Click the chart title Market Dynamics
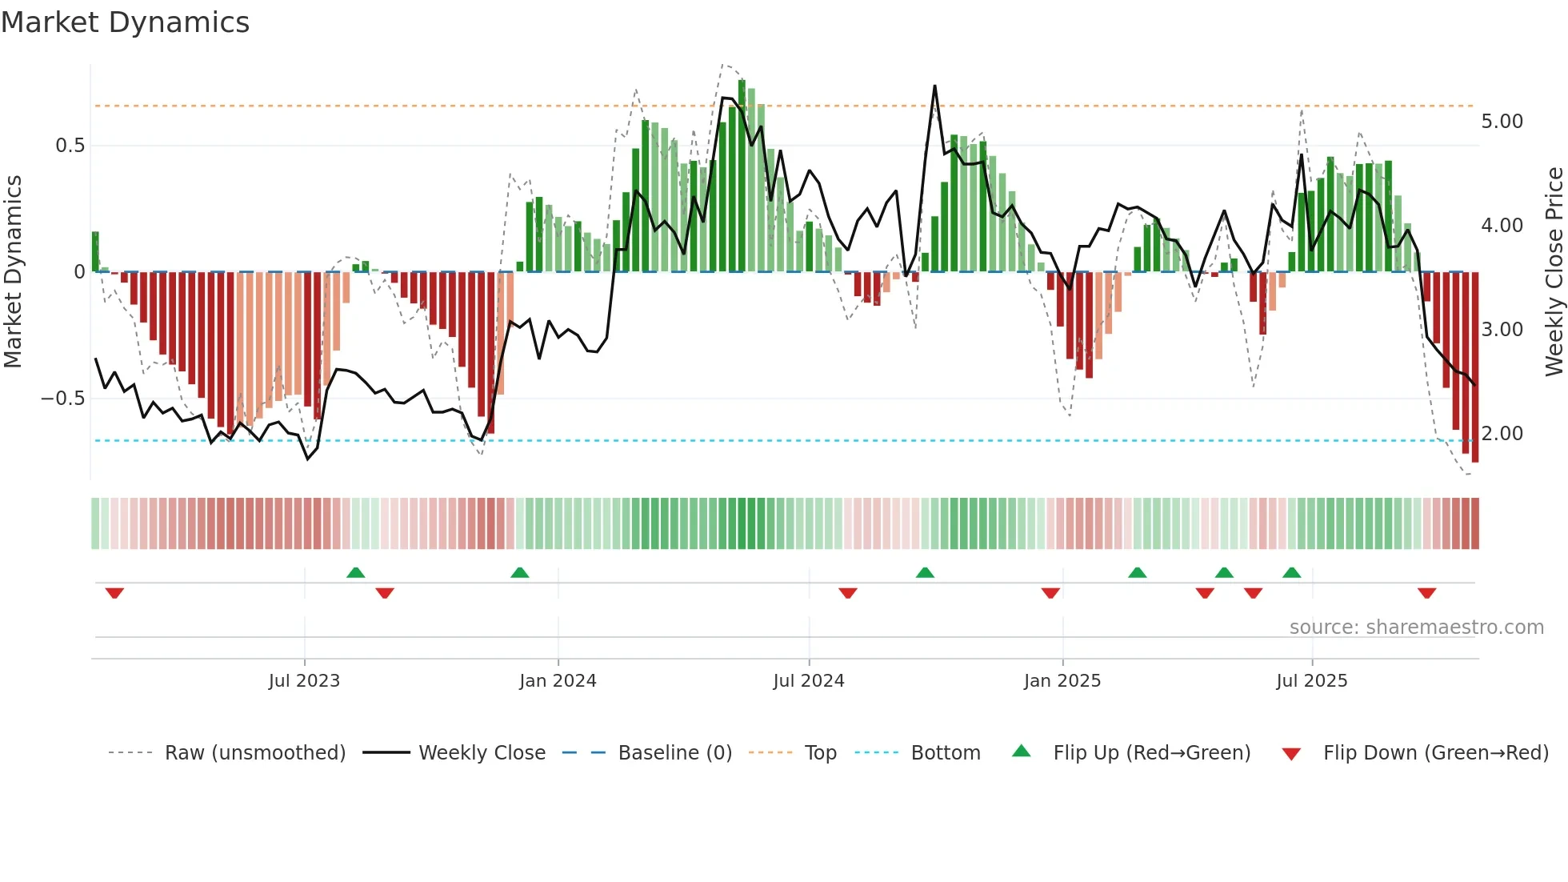[125, 22]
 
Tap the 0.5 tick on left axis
[70, 146]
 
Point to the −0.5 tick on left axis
[63, 399]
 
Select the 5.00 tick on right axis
[1502, 122]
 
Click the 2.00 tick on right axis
[1502, 434]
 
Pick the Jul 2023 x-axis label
[304, 681]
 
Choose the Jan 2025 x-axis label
[1062, 681]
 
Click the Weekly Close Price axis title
[1554, 272]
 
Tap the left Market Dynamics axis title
[13, 272]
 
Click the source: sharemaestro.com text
[1416, 627]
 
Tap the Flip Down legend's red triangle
[1290, 754]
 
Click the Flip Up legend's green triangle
[1021, 752]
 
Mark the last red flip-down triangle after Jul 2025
[1426, 593]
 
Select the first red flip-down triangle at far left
[114, 593]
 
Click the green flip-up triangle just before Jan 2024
[519, 572]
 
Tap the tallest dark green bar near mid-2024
[742, 176]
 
